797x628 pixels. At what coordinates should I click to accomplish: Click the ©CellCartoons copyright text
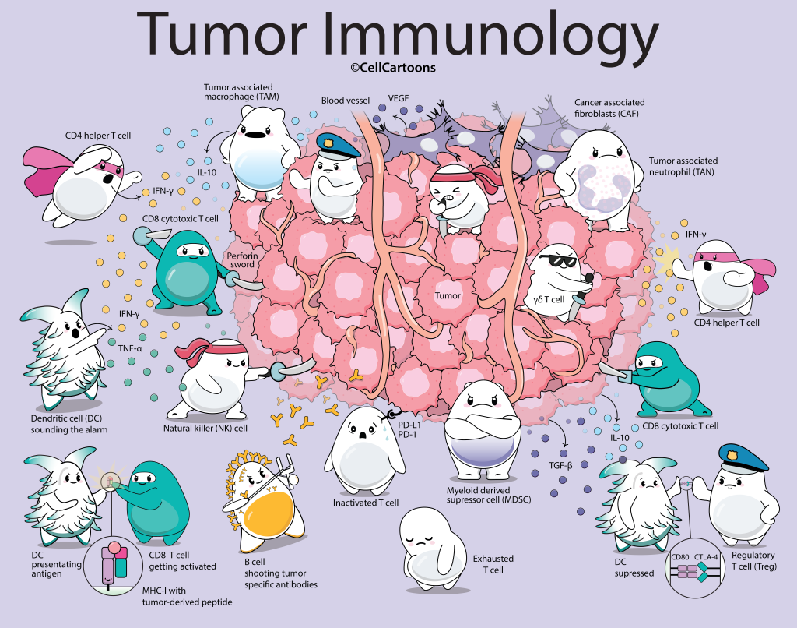coord(392,68)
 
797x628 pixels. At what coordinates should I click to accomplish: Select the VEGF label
coord(399,100)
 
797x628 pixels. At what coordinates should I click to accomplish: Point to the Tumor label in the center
coord(448,295)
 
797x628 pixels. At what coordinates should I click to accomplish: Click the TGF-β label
coord(560,464)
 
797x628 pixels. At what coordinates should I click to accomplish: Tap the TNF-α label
coord(130,348)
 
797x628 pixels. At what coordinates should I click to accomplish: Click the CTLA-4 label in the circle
coord(707,557)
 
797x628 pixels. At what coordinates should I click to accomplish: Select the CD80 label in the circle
coord(680,557)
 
